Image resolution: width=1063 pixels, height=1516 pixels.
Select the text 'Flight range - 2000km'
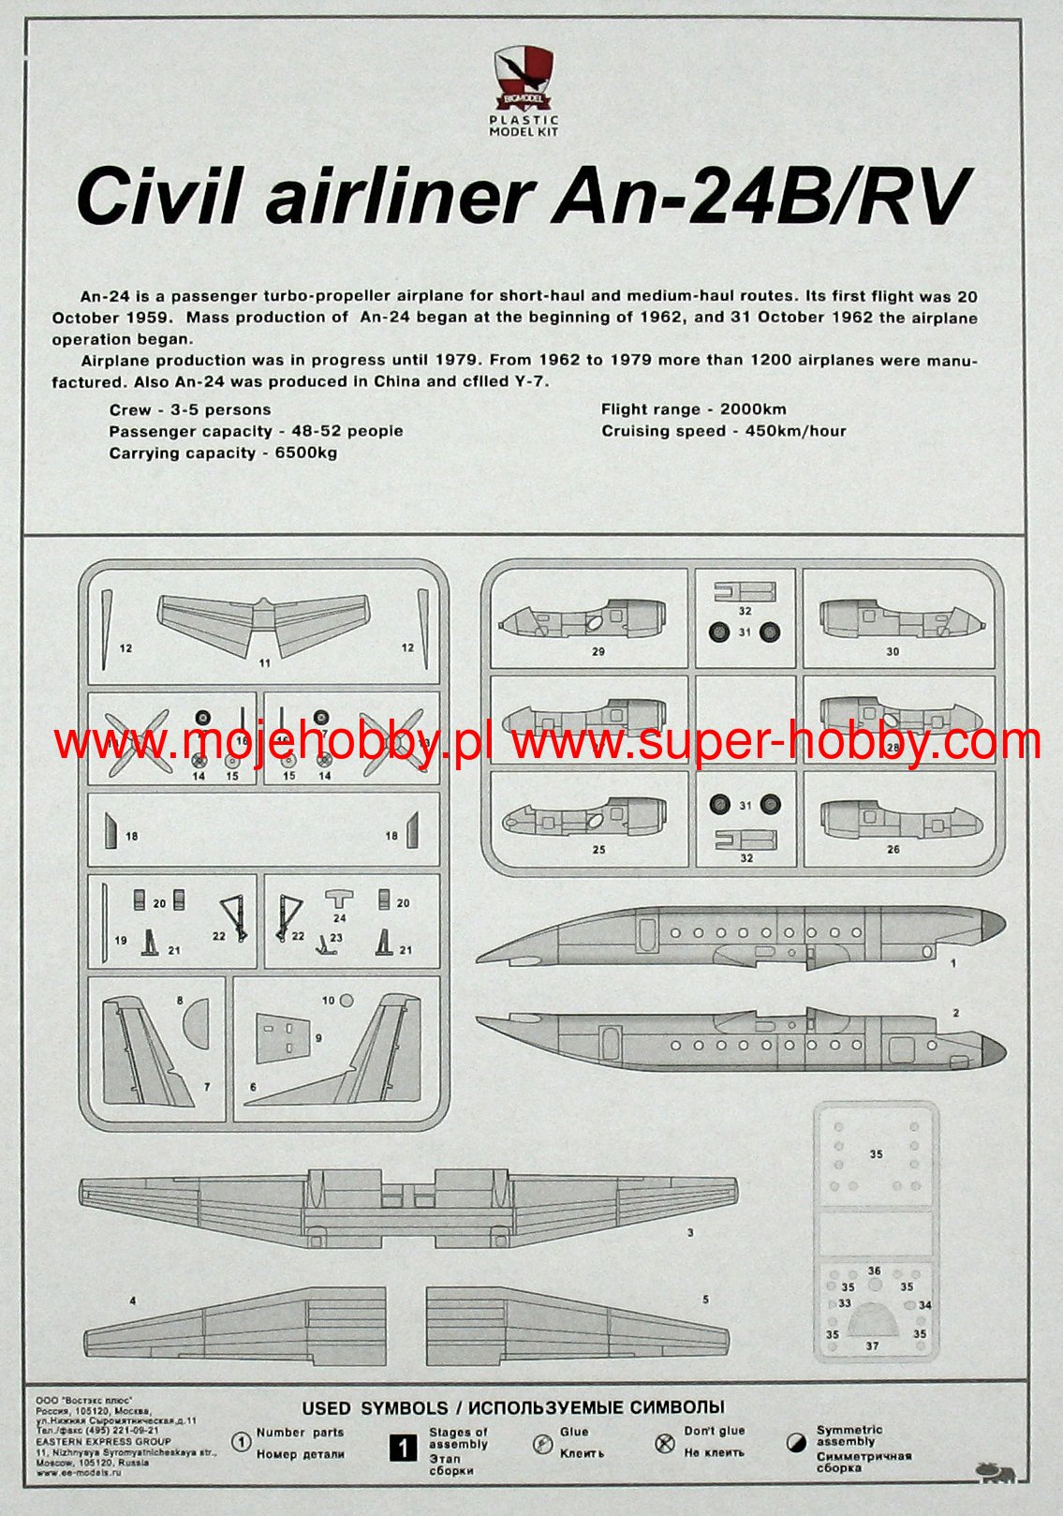[x=693, y=409]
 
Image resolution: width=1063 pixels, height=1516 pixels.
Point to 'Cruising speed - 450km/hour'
[x=723, y=431]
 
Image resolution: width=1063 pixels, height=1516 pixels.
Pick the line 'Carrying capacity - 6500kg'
[x=223, y=453]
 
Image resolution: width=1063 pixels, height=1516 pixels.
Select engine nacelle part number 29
[x=583, y=620]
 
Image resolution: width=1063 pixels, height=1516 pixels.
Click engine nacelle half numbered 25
[x=583, y=817]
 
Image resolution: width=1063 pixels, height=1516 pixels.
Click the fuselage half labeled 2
[x=731, y=1042]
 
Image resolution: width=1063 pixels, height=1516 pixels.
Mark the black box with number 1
[x=403, y=1449]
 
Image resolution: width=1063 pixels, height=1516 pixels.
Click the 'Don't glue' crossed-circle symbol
[x=665, y=1443]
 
